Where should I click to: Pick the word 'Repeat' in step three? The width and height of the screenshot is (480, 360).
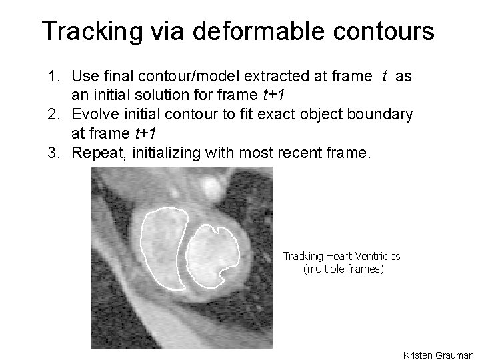[x=95, y=153]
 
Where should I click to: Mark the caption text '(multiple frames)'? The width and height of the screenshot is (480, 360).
[x=343, y=269]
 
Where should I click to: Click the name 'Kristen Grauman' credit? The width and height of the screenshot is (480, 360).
[x=439, y=355]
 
